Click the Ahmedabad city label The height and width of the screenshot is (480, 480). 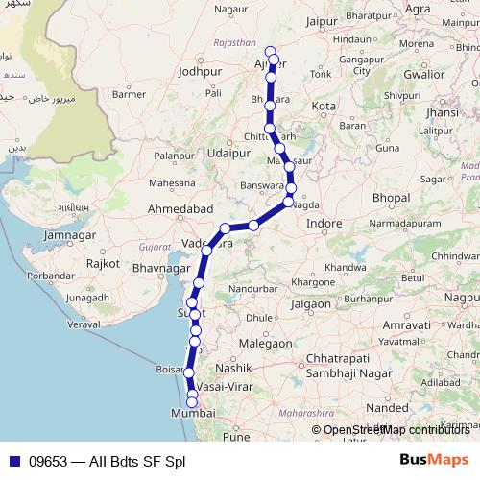(x=180, y=208)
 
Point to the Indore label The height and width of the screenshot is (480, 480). (x=324, y=223)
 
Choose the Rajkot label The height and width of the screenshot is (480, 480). (x=102, y=262)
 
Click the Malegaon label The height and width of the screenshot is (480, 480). (x=266, y=343)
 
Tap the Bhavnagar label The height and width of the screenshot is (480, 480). (x=162, y=268)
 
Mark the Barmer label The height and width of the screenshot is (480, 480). (x=129, y=94)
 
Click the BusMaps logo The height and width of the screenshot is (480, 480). (x=435, y=461)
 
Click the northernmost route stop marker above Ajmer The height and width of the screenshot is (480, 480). (x=270, y=51)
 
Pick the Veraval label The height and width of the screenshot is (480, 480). (x=85, y=324)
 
